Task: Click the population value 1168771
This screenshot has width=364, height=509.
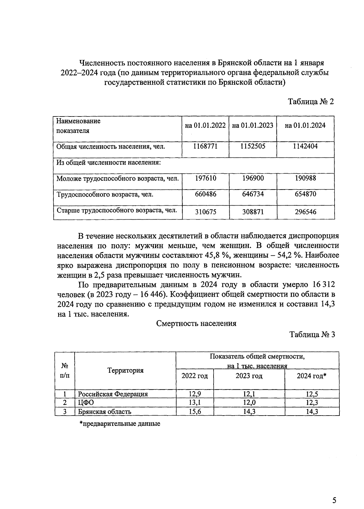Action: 205,146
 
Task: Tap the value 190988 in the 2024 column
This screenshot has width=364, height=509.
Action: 305,178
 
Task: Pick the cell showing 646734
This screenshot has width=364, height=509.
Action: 253,194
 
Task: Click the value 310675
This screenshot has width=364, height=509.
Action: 205,212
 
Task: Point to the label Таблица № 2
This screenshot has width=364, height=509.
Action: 311,102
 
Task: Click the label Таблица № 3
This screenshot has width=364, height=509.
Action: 312,335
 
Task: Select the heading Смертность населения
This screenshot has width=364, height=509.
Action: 196,324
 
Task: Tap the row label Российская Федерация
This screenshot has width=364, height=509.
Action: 113,394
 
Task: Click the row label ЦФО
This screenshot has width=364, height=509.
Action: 86,403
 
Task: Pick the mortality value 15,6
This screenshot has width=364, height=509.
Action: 194,412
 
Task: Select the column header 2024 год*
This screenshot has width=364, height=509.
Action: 311,376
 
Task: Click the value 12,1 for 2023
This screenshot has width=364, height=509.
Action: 249,394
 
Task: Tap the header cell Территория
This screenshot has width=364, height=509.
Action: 125,370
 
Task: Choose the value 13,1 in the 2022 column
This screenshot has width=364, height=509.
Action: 194,403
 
